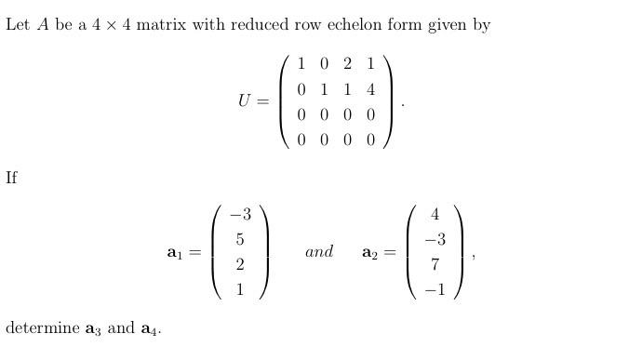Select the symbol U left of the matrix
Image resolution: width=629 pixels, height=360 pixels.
(x=245, y=101)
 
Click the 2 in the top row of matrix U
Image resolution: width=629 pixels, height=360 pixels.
(x=347, y=64)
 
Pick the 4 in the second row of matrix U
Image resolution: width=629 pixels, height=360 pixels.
(x=370, y=90)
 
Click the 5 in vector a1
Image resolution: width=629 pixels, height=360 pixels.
(x=240, y=239)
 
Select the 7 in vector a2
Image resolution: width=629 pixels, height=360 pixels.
(x=435, y=264)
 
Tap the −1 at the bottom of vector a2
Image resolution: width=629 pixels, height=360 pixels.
(x=434, y=289)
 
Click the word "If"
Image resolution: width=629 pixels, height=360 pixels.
(x=11, y=178)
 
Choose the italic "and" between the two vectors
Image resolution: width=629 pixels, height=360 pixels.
(x=319, y=251)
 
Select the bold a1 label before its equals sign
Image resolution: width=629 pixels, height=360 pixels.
(x=174, y=252)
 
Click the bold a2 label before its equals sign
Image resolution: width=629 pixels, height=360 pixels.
(x=369, y=252)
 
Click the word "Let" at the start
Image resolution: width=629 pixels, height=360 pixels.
(x=18, y=24)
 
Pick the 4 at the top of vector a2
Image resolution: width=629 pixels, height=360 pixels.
(x=435, y=214)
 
